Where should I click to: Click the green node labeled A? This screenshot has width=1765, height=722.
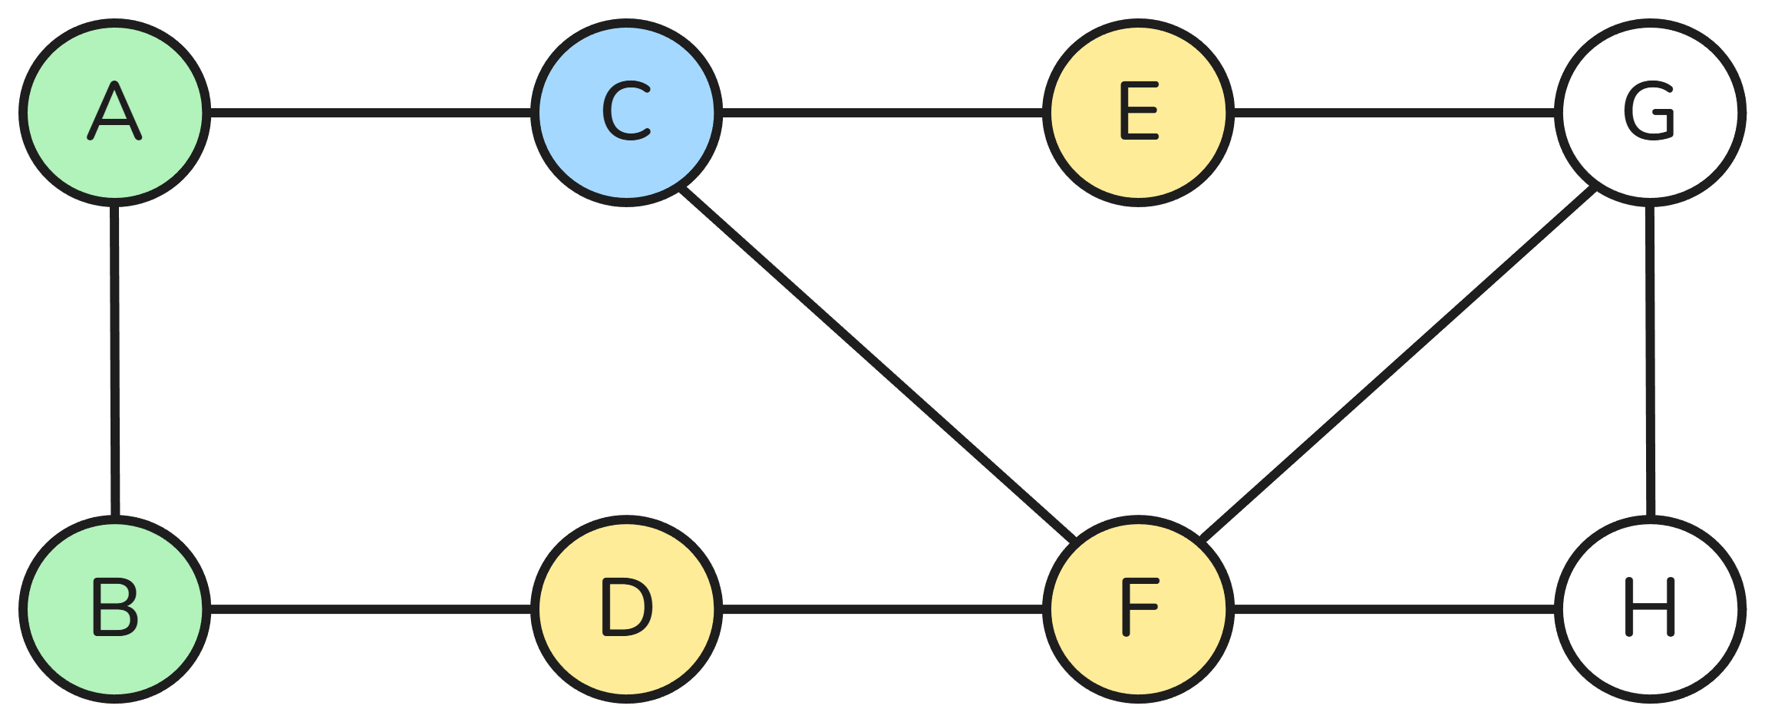point(115,113)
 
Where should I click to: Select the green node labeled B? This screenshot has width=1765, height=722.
point(115,609)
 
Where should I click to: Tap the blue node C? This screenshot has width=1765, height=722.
point(626,113)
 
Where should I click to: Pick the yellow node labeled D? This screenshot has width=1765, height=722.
point(626,609)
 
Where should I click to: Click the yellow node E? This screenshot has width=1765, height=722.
point(1139,113)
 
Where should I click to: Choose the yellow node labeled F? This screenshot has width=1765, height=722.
point(1139,609)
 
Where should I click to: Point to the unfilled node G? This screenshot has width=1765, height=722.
point(1651,113)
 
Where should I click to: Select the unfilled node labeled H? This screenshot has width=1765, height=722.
point(1651,609)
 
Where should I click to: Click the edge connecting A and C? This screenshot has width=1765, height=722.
point(371,113)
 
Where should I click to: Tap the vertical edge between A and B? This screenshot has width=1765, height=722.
point(115,361)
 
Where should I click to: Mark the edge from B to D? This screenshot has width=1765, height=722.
point(371,609)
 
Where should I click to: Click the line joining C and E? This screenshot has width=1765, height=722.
point(882,113)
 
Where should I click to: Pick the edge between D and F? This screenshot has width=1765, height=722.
point(882,609)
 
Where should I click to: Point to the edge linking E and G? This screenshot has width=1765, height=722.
point(1394,113)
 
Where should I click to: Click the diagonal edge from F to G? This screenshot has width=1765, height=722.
point(1397,365)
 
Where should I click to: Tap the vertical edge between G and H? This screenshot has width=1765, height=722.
point(1650,361)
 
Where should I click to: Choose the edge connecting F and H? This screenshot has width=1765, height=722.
point(1394,609)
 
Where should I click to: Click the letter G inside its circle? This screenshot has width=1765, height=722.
point(1649,112)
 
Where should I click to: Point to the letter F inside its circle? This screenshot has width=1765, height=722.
point(1138,607)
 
